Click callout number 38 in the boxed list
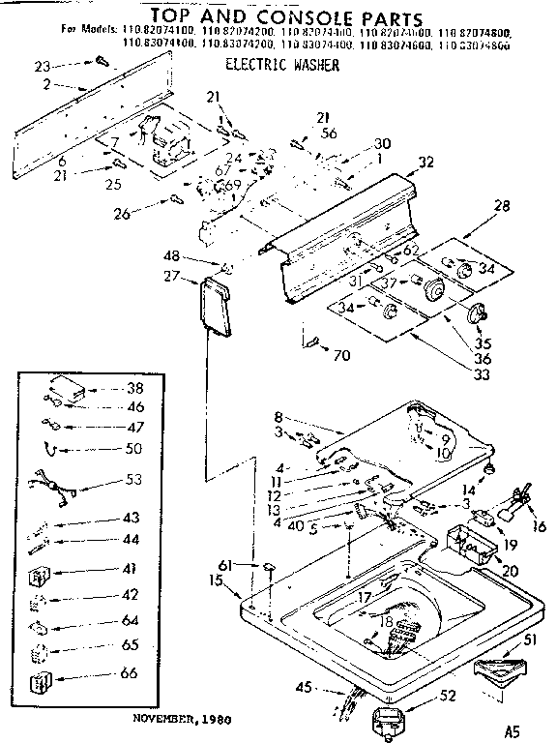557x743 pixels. point(134,387)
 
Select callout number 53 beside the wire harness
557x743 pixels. point(134,479)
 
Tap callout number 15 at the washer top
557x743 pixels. point(216,580)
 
